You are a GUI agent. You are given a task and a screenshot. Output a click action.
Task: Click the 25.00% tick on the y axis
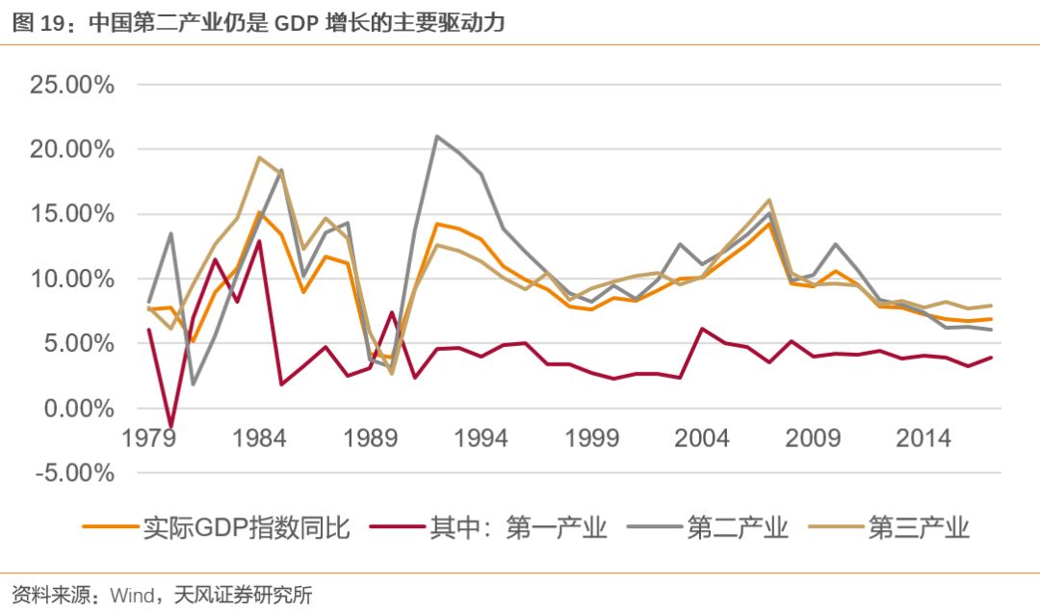(x=71, y=85)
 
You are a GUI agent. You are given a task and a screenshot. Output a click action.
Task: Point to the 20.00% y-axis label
(x=71, y=149)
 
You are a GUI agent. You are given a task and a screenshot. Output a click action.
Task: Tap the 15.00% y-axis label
(x=71, y=214)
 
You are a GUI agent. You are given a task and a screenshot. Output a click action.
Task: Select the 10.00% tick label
(x=71, y=279)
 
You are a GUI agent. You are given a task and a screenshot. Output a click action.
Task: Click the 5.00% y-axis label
(x=79, y=343)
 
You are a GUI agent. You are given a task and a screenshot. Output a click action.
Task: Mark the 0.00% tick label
(x=79, y=408)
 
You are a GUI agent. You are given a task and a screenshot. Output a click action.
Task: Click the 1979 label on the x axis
(x=149, y=438)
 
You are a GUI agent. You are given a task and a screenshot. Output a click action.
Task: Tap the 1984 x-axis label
(x=260, y=438)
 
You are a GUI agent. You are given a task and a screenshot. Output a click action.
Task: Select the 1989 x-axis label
(x=371, y=438)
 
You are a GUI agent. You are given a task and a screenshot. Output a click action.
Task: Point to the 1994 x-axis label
(x=481, y=438)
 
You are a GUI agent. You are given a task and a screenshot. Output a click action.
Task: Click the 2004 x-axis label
(x=703, y=438)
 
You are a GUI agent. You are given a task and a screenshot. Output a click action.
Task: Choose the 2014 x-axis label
(x=924, y=438)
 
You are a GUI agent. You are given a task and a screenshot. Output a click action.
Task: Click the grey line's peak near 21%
(x=437, y=136)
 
